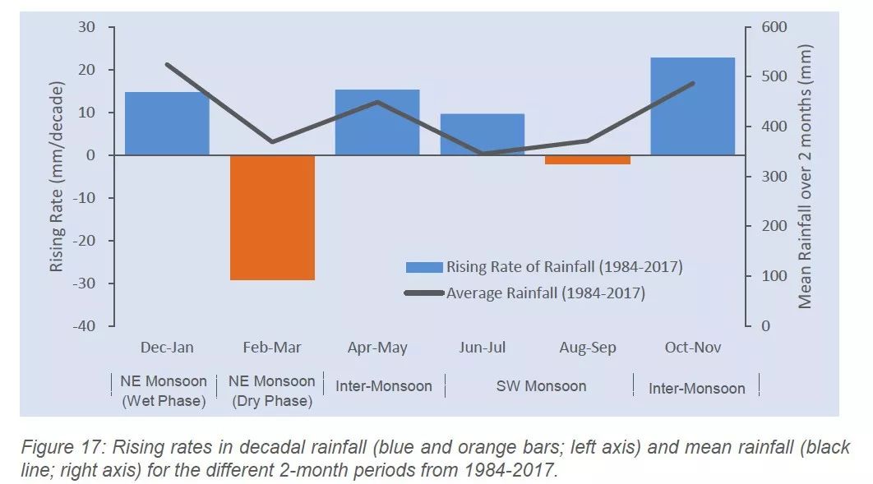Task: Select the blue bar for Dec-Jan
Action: point(167,123)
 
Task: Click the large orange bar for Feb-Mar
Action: point(272,218)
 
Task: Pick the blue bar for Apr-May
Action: point(377,122)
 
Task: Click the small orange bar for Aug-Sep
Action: point(588,159)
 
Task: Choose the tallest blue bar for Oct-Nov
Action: point(692,106)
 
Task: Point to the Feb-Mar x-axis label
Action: point(272,348)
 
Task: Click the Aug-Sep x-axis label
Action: point(588,348)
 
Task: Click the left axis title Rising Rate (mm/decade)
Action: point(57,177)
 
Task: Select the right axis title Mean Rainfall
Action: point(805,177)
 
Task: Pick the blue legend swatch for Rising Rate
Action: point(424,267)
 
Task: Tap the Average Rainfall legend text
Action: point(545,293)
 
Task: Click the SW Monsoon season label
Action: point(541,386)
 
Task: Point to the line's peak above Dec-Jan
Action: point(167,64)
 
